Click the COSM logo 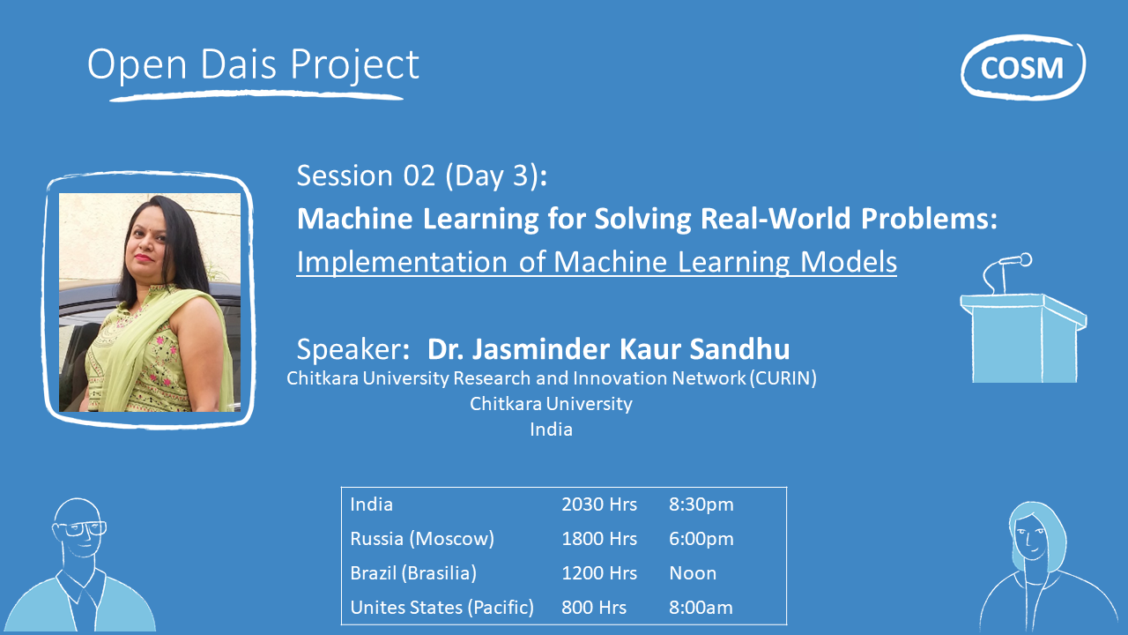click(1022, 67)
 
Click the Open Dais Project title click(253, 65)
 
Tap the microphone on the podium click(1013, 261)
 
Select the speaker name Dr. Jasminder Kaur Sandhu click(608, 349)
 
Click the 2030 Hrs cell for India click(599, 504)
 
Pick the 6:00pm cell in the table click(701, 539)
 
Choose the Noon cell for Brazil click(693, 573)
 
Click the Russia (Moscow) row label click(421, 539)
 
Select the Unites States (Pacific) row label click(442, 608)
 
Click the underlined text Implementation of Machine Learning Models click(596, 262)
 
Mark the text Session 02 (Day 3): click(422, 176)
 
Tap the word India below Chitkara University click(551, 430)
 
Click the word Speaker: click(353, 349)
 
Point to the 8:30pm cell click(701, 504)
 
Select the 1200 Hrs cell click(599, 573)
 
